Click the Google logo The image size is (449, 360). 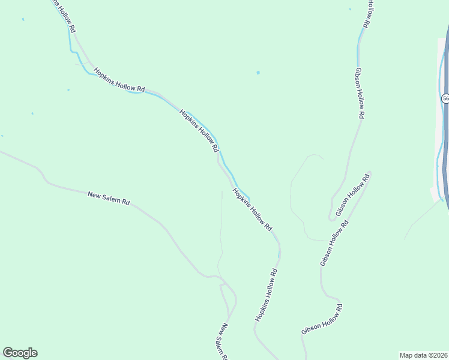20,353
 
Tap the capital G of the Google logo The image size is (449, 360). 7,353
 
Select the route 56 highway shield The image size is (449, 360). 445,98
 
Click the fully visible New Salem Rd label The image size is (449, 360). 109,198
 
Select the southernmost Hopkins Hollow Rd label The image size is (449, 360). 266,295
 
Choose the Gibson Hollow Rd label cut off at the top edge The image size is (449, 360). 370,13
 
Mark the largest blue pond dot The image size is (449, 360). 258,73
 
